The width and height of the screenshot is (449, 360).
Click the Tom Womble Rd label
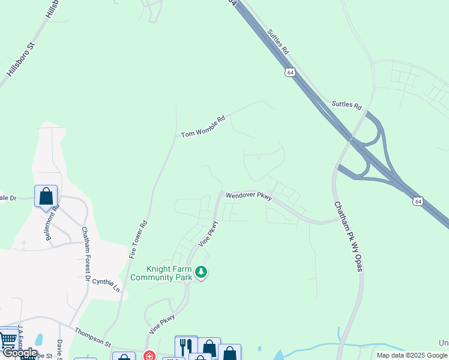203,126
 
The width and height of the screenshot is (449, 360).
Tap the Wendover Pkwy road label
249,196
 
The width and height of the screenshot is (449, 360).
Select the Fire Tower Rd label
139,239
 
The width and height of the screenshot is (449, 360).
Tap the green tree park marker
202,273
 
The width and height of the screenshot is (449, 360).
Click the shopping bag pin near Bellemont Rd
46,196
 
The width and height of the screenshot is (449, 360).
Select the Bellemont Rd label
53,223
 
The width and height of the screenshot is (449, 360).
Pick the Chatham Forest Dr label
86,254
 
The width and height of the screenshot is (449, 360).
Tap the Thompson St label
92,337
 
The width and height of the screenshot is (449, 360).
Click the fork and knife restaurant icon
186,346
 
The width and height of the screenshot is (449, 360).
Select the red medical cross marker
149,356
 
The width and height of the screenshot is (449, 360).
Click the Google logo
20,353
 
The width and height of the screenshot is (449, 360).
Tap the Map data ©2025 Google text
411,355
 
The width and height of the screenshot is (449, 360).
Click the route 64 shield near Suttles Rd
291,72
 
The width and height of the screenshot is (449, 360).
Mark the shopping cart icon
8,339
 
